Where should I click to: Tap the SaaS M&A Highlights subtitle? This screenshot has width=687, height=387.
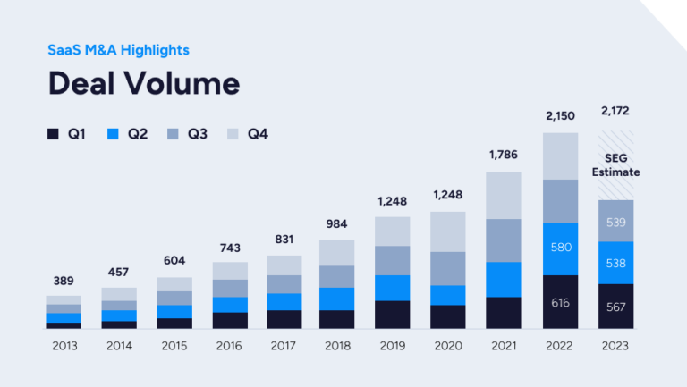[x=118, y=50]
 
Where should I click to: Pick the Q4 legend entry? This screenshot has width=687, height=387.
[x=247, y=134]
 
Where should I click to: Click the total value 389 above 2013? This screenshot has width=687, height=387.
[x=63, y=281]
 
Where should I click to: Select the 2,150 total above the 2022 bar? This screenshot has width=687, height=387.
[x=561, y=116]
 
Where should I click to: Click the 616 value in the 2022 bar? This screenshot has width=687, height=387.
[x=561, y=303]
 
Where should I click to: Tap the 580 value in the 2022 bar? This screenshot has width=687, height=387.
[x=561, y=248]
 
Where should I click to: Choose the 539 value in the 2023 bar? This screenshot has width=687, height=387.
[x=615, y=221]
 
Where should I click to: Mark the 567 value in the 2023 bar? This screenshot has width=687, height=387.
[x=615, y=307]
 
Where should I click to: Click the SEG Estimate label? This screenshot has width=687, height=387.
[x=615, y=164]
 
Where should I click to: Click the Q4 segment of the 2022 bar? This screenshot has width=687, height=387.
[x=561, y=156]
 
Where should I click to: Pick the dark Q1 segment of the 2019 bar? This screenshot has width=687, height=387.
[x=392, y=315]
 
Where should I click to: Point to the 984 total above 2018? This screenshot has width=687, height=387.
[x=337, y=223]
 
